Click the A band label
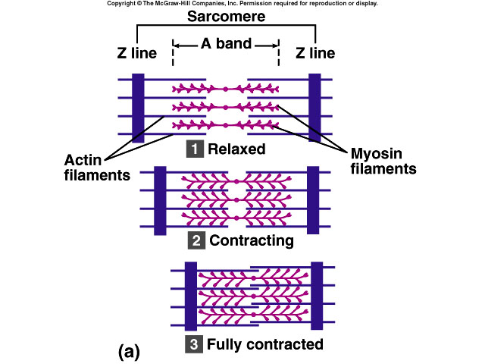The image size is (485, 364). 226,44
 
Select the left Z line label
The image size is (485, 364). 137,53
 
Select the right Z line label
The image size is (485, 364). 315,53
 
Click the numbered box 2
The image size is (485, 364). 196,241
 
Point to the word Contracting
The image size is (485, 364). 251,241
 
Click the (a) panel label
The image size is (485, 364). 130,351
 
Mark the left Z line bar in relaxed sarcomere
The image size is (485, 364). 137,108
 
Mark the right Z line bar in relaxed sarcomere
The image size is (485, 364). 314,108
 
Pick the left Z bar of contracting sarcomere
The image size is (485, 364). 159,199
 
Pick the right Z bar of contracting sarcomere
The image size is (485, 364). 313,199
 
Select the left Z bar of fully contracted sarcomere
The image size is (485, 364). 191,296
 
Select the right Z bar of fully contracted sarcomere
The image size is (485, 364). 317,296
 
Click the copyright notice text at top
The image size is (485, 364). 242,4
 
